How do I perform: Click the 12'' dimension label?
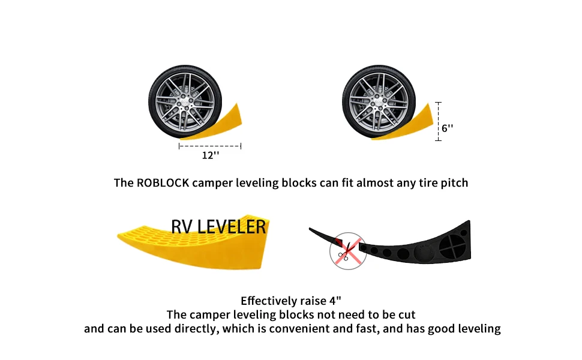tap(210, 156)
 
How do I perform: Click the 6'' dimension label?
tap(448, 128)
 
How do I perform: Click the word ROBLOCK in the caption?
tap(163, 182)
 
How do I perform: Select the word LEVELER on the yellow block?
tap(232, 227)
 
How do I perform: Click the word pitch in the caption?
tap(454, 182)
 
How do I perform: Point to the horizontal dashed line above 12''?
tap(210, 146)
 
